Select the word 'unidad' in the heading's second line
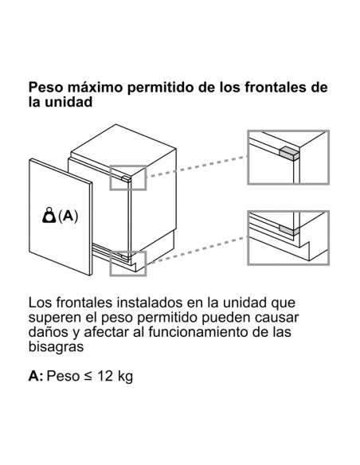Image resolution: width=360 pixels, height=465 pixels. click(68, 102)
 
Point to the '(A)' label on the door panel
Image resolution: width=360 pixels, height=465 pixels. click(68, 216)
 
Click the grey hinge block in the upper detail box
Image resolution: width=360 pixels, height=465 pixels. click(289, 153)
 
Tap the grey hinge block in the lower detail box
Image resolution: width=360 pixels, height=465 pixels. click(289, 229)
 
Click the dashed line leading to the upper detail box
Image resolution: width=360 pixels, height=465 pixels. click(198, 166)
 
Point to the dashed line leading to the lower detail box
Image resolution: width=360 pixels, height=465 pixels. click(198, 250)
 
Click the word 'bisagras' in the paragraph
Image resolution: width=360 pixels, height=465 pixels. click(56, 346)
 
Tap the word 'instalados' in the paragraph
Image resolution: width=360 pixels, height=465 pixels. click(151, 303)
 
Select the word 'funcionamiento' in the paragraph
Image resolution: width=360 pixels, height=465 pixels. click(198, 331)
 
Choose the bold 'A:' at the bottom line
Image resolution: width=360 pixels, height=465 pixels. click(36, 376)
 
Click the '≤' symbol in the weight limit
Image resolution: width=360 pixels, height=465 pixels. click(88, 377)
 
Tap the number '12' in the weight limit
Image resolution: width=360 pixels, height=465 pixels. click(104, 376)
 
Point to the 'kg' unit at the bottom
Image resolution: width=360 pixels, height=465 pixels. click(125, 377)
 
